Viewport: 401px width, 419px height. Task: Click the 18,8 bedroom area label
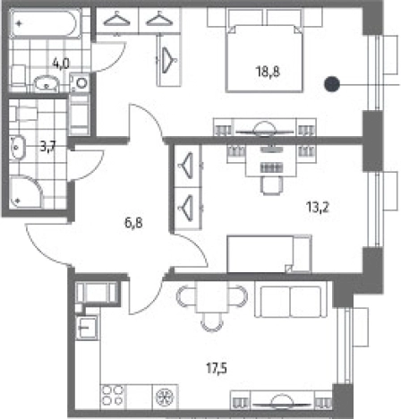(268, 72)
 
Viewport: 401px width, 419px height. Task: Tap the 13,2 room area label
(318, 207)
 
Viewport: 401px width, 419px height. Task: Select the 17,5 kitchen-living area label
(217, 368)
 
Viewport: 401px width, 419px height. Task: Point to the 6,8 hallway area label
(133, 223)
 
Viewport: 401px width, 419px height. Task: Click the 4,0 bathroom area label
(61, 64)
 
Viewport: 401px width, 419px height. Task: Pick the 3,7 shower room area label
(48, 147)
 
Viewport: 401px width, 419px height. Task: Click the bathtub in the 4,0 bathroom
(46, 23)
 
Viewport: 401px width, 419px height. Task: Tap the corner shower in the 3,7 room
(26, 192)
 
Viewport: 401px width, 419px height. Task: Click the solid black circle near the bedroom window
(332, 84)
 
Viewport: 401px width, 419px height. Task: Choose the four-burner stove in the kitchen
(113, 396)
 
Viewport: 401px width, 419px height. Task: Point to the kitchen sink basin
(87, 328)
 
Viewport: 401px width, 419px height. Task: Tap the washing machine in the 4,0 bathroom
(80, 82)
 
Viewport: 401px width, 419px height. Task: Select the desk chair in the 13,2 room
(272, 185)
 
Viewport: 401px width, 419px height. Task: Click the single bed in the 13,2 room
(269, 254)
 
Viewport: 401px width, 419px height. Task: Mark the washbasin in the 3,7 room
(17, 147)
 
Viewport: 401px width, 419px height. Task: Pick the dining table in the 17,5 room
(211, 296)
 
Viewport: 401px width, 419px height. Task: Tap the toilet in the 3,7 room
(23, 114)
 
